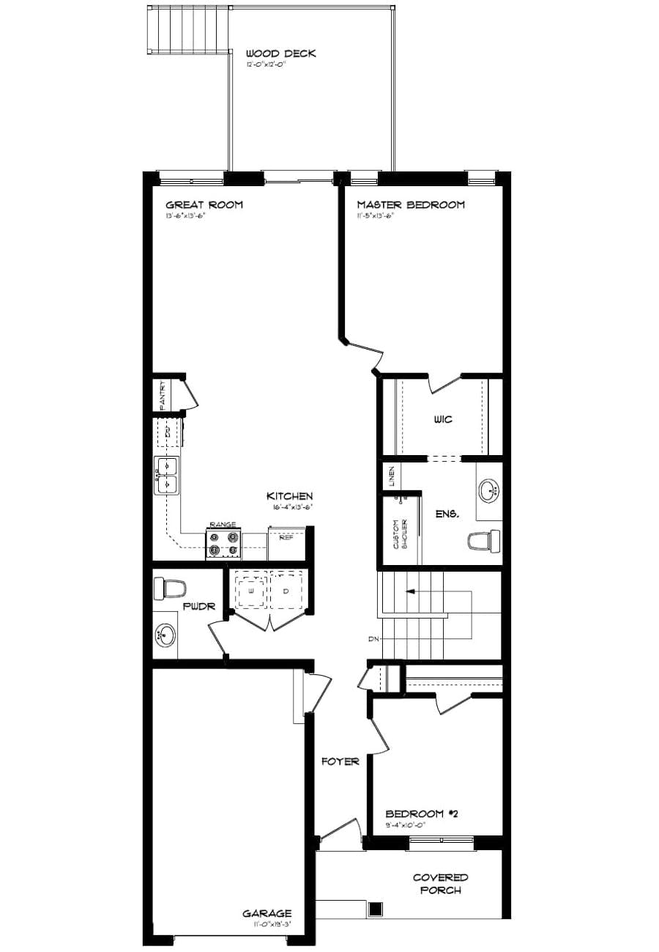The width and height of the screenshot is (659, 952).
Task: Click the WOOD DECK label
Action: (x=280, y=53)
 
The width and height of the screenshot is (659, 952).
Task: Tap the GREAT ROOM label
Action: (x=204, y=204)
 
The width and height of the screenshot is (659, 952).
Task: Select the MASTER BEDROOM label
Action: (x=410, y=204)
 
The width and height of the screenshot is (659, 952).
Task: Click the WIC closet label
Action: (x=442, y=420)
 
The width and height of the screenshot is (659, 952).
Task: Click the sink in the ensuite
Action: (x=490, y=489)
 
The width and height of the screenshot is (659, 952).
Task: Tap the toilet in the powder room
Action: (x=171, y=587)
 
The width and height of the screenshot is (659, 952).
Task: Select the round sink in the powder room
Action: (x=166, y=634)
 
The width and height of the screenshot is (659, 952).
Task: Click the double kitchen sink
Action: (x=166, y=474)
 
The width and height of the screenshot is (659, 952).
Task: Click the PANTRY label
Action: (x=163, y=396)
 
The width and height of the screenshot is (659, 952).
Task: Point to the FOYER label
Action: (x=340, y=761)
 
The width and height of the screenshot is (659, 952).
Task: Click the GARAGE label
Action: (x=267, y=913)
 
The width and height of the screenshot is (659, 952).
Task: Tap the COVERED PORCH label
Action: (x=440, y=884)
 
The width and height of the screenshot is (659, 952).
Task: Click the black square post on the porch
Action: (x=376, y=909)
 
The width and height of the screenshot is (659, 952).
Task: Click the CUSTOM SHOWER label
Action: (x=398, y=534)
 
